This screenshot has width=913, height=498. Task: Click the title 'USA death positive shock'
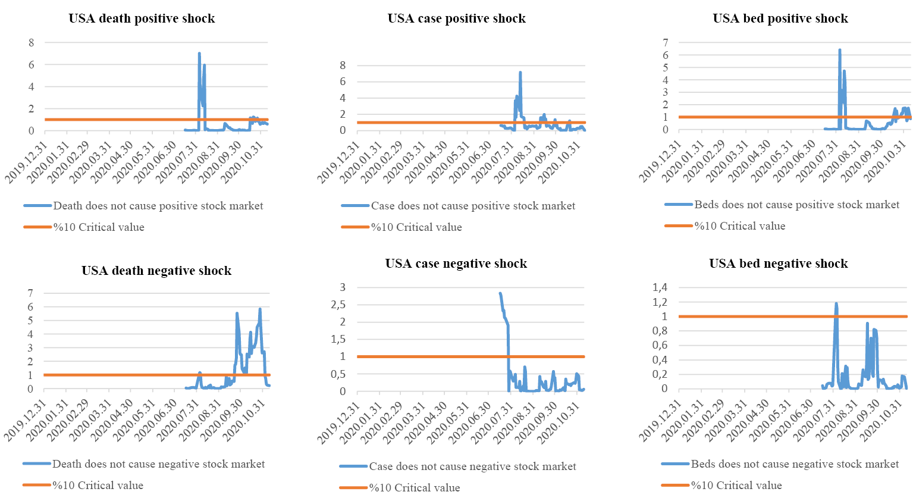[142, 18]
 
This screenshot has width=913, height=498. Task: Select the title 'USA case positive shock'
[456, 18]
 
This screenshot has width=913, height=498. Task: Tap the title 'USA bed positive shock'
[780, 18]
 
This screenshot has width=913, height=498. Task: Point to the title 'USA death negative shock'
[156, 271]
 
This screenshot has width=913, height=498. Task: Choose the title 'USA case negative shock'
[456, 264]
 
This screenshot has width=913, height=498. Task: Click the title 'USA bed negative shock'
[778, 264]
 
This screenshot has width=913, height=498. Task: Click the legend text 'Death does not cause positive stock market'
[158, 206]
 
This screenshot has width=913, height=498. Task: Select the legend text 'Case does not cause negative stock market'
[472, 466]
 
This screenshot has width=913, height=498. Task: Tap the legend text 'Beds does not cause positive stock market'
[796, 205]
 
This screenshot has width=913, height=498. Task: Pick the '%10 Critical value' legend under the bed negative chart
[736, 486]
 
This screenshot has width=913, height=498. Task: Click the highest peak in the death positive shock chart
[199, 54]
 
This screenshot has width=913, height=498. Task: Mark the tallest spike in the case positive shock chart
[520, 73]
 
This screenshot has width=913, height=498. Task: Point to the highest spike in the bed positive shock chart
[839, 50]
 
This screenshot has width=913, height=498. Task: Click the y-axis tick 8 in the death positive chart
[31, 43]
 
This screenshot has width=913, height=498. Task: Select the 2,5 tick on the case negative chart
[338, 305]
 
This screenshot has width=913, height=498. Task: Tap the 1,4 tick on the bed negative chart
[660, 287]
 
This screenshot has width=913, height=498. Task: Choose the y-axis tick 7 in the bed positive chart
[666, 43]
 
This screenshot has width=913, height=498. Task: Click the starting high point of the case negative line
[500, 293]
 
